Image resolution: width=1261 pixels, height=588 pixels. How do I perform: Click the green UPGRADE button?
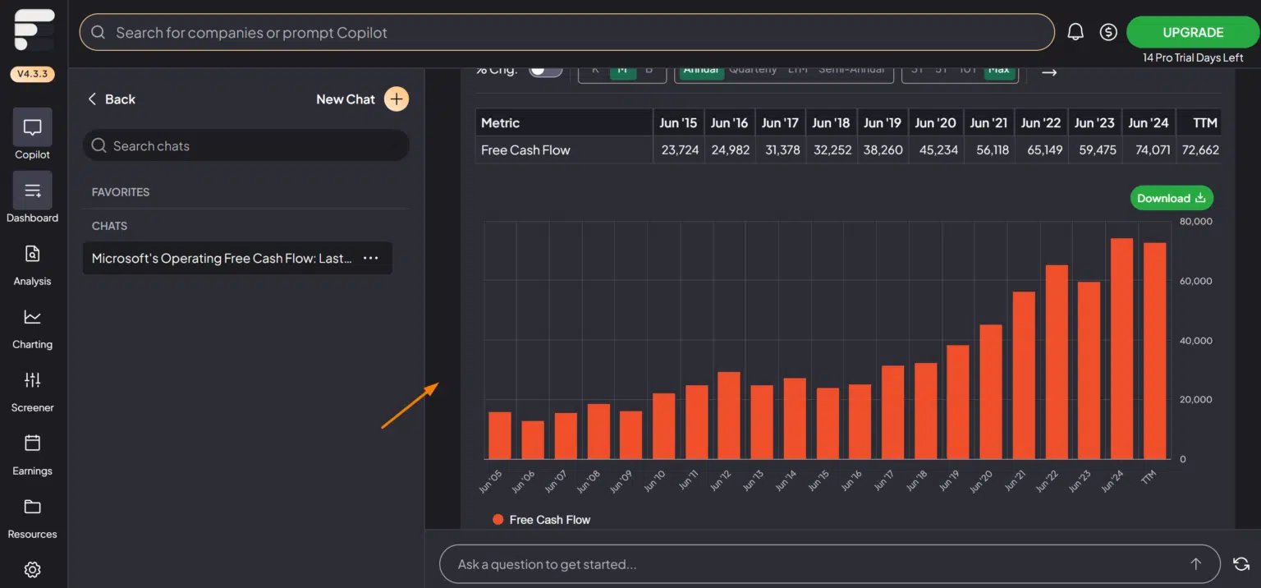click(1193, 33)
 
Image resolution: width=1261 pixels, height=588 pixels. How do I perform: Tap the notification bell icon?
click(1075, 32)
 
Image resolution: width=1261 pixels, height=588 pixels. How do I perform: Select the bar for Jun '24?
click(1121, 348)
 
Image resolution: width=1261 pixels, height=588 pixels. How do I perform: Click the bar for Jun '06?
click(533, 439)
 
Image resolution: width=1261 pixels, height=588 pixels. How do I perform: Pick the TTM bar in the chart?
click(1154, 351)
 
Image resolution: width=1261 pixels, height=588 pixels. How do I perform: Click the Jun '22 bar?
click(1057, 361)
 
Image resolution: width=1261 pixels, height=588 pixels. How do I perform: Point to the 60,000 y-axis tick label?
click(1196, 281)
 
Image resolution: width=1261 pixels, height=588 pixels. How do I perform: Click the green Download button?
click(1171, 198)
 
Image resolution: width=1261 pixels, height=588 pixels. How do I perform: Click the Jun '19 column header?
click(883, 123)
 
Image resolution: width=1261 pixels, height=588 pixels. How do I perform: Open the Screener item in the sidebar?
click(32, 390)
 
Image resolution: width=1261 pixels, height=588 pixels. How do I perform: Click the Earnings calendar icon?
click(32, 443)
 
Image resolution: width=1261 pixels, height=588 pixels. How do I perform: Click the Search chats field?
click(246, 145)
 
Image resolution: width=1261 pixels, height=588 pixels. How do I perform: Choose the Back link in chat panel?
click(112, 99)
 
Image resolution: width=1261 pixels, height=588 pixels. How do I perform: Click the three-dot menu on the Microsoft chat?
click(371, 258)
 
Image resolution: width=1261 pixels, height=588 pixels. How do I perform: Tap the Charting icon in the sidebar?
click(32, 317)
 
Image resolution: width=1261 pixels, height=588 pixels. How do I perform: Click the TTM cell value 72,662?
click(1199, 150)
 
